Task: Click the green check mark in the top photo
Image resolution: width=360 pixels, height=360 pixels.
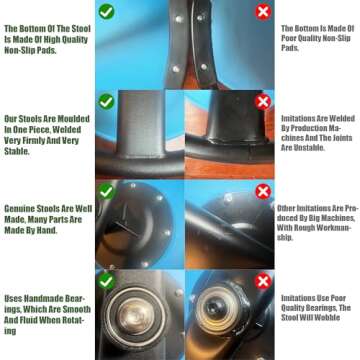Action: coord(107,12)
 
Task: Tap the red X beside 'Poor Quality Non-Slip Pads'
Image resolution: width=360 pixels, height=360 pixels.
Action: coord(263,12)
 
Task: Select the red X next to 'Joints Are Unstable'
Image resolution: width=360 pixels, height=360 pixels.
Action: coord(263,102)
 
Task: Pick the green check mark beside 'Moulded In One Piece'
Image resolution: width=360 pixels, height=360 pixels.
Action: coord(107,101)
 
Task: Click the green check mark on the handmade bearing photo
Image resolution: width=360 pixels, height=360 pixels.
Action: coord(107,281)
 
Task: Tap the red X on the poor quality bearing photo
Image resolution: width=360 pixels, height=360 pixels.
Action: coord(263,282)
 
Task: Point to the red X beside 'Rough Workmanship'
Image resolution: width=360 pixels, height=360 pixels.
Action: coord(263,192)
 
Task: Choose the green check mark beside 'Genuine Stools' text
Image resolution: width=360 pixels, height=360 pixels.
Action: coord(107,191)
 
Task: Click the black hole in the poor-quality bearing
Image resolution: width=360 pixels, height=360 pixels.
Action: coord(213,308)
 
